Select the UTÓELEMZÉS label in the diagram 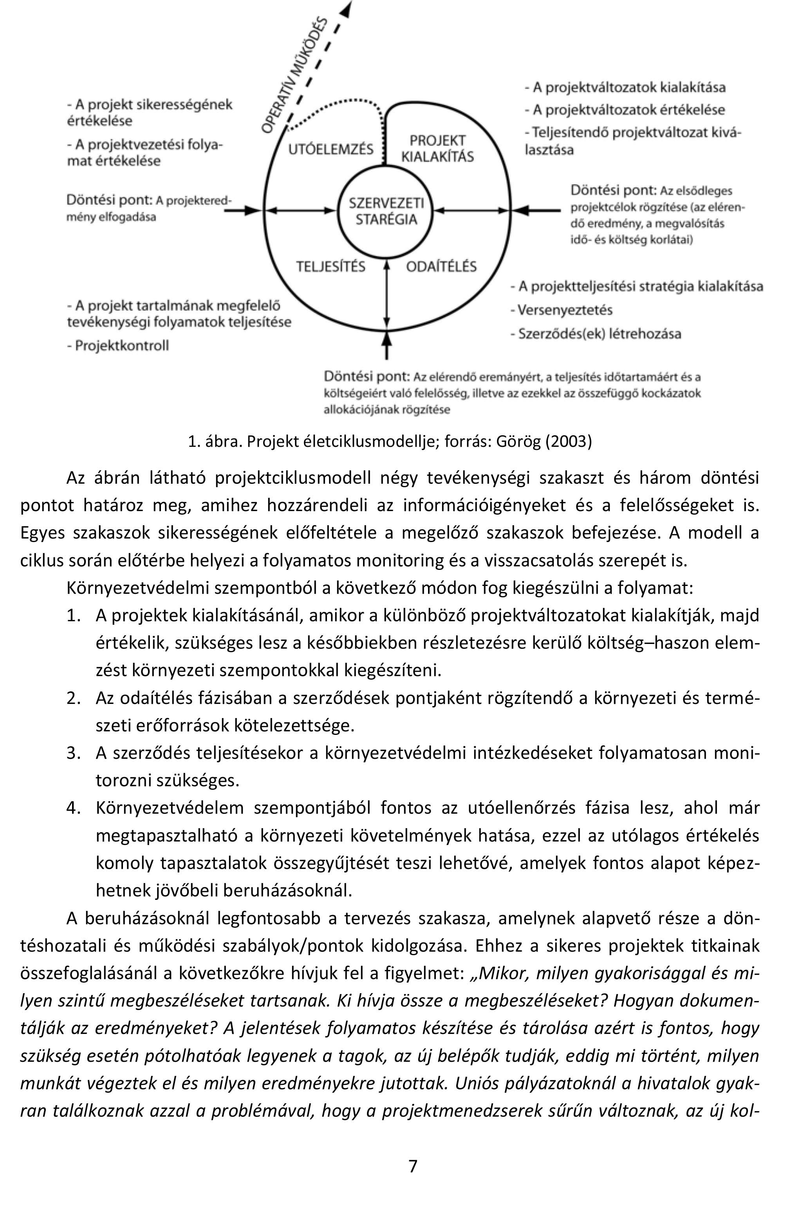(331, 149)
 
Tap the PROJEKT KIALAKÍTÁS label (437, 149)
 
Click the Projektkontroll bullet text (121, 346)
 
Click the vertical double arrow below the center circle (387, 294)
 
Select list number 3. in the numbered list (74, 753)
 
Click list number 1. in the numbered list (74, 616)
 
